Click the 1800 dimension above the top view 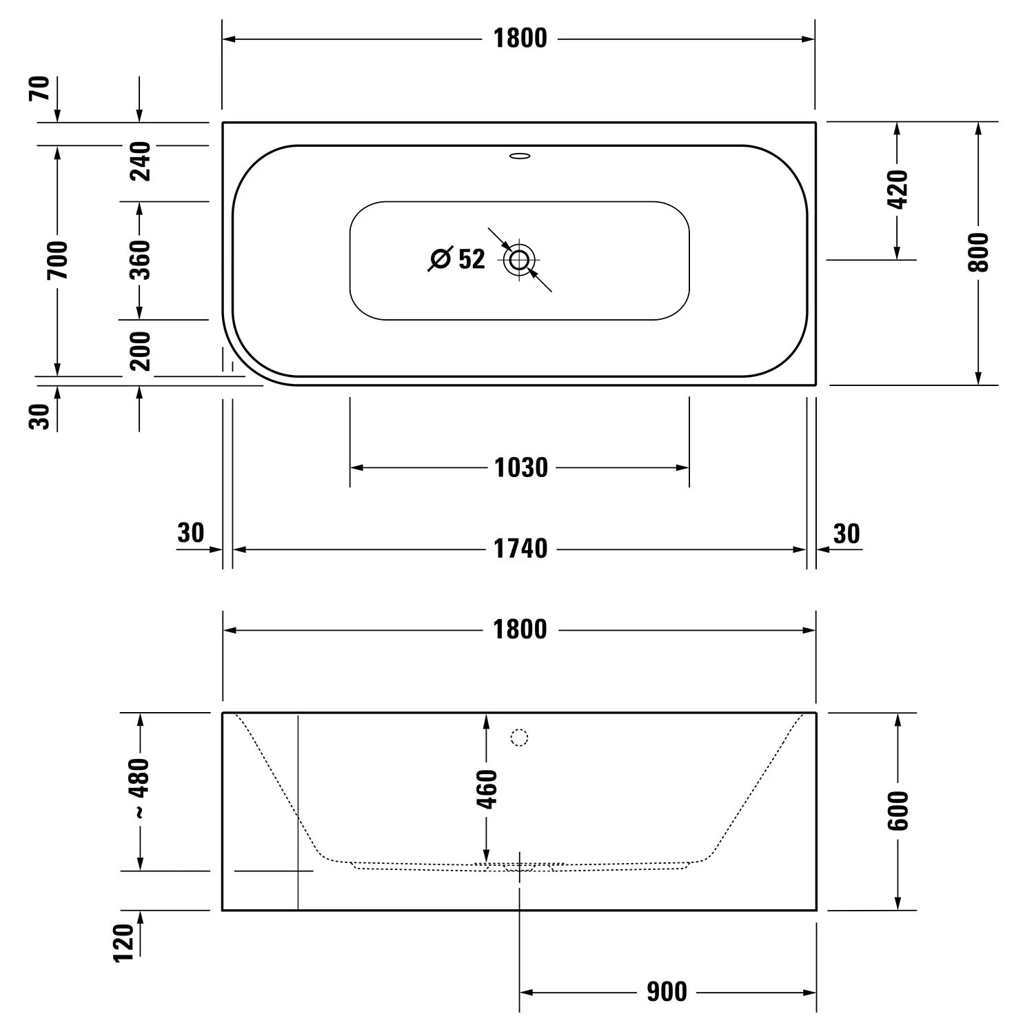coord(520,39)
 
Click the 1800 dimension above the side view coord(520,629)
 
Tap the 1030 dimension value coord(521,468)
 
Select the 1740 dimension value coord(520,549)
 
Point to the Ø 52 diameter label coord(458,259)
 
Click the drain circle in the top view coord(519,260)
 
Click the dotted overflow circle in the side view coord(519,738)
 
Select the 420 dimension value coord(898,189)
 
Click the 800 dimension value coord(978,252)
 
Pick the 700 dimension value coord(58,260)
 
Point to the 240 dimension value coord(140,161)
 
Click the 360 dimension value coord(140,259)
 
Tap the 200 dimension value coord(140,350)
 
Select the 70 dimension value coord(40,89)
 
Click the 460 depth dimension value coord(487,789)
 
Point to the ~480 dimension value coord(139,789)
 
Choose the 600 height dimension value coord(898,811)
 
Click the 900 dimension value coord(667,992)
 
